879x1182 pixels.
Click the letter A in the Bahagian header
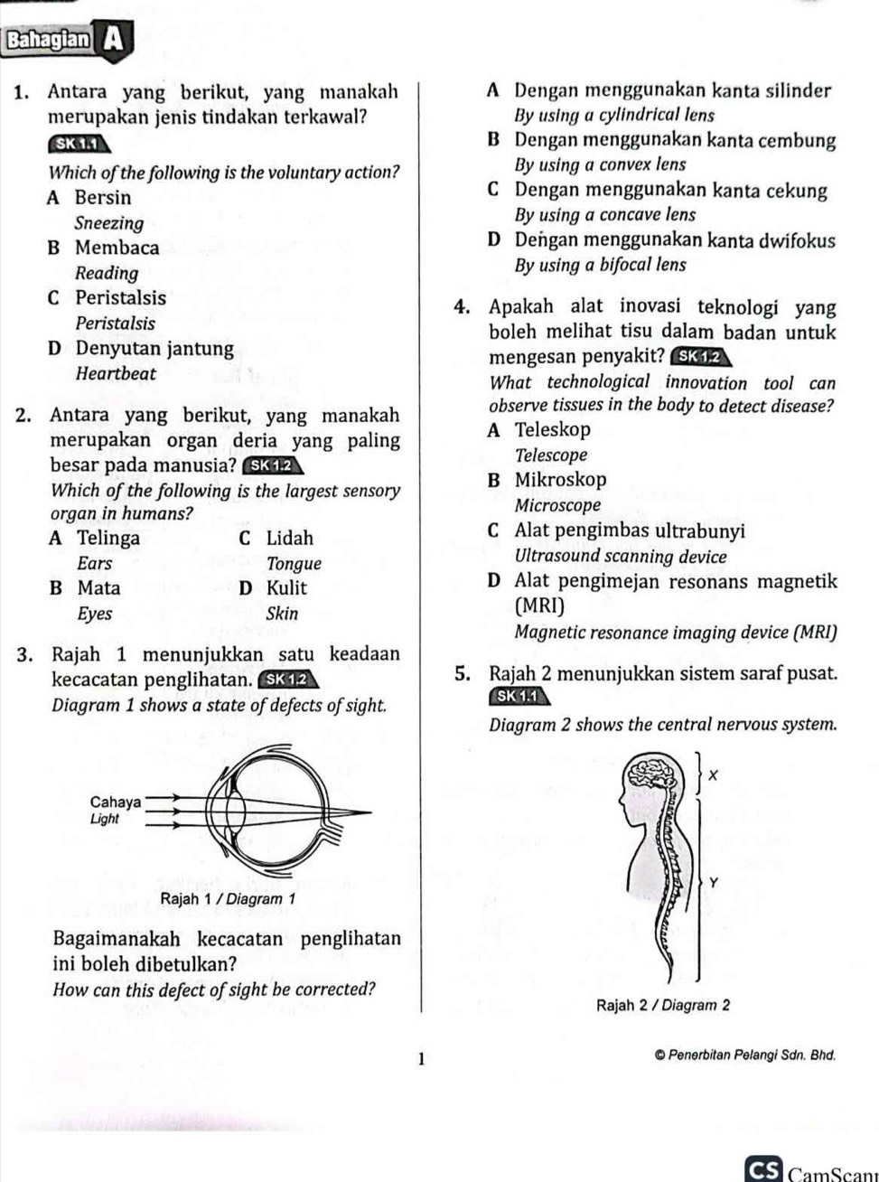pos(113,40)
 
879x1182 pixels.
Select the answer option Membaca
pos(117,248)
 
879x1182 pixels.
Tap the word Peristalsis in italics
pos(115,323)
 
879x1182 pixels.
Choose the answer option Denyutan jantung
pos(154,349)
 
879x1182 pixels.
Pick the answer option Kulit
pos(286,588)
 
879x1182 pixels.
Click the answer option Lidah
pos(289,539)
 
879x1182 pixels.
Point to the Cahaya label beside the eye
pos(116,802)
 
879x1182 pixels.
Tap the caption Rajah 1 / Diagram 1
pos(228,899)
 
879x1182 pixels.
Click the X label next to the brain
pos(713,775)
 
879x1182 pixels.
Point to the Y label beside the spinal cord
pos(714,882)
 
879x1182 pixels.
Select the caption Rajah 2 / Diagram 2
pos(662,1005)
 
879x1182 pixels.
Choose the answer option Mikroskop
pos(560,480)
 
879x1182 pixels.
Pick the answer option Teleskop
pos(552,430)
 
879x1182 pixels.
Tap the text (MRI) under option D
pos(539,605)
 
